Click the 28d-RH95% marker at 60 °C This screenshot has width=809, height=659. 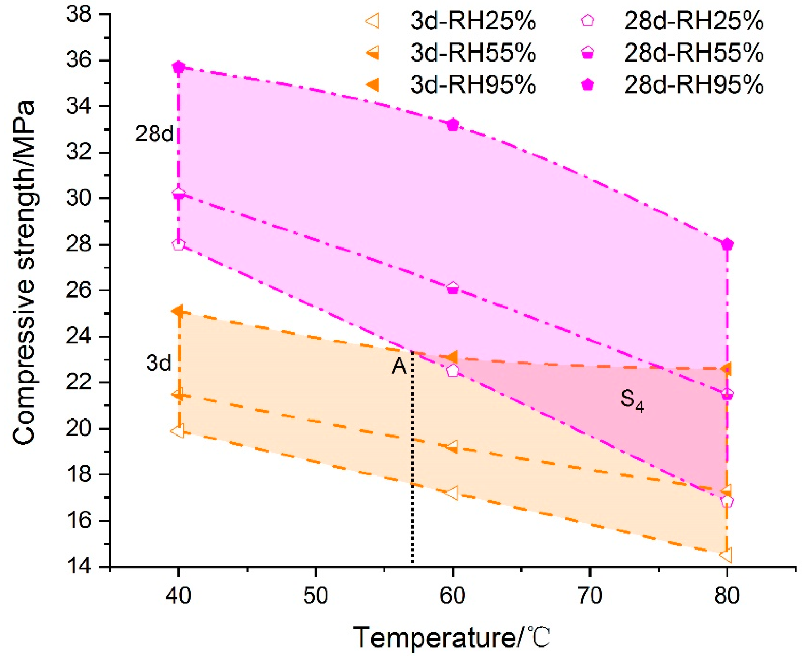click(x=452, y=124)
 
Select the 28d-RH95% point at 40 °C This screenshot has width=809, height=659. click(x=178, y=67)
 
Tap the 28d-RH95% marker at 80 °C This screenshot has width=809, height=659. click(x=727, y=244)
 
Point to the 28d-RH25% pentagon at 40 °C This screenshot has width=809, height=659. click(x=178, y=244)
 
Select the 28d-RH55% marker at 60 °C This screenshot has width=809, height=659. click(x=452, y=288)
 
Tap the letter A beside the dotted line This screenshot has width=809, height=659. click(x=399, y=366)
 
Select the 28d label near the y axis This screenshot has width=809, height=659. click(x=154, y=134)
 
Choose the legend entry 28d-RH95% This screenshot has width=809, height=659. click(x=694, y=84)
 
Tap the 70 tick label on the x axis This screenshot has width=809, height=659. click(x=590, y=595)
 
